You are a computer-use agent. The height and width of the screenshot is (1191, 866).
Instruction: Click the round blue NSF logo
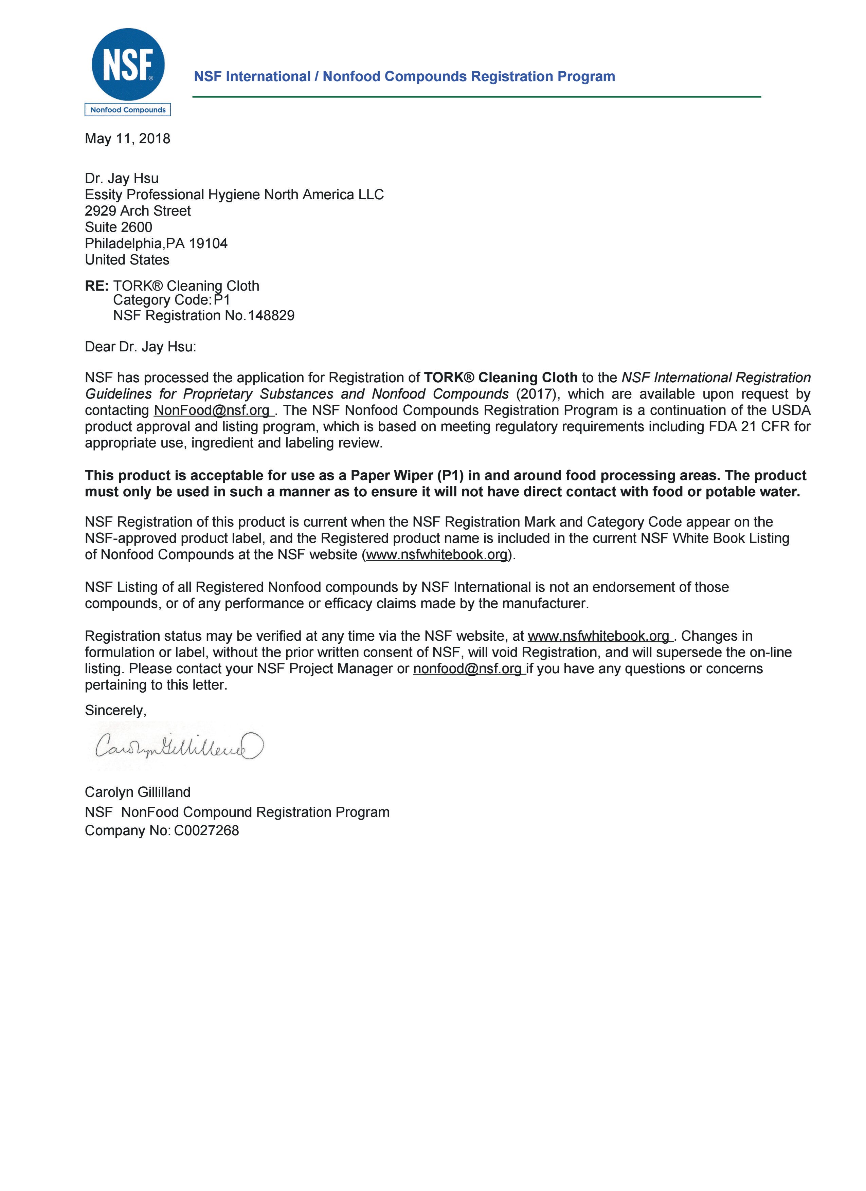pos(128,64)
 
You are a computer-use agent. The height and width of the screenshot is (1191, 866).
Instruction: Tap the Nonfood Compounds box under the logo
pos(128,110)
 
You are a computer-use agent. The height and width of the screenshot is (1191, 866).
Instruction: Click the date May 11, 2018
pos(128,139)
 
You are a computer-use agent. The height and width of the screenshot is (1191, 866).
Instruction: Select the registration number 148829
pos(271,316)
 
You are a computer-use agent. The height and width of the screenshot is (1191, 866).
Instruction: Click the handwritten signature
pos(179,746)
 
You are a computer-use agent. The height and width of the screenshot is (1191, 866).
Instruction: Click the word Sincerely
pos(115,711)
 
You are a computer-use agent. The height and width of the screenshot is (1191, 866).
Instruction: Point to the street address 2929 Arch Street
pos(138,211)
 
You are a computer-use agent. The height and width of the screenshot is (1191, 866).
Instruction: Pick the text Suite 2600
pos(119,227)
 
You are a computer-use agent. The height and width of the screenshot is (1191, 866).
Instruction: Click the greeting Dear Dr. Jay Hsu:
pos(140,347)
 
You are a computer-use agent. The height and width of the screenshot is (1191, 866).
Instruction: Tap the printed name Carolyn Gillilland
pos(138,792)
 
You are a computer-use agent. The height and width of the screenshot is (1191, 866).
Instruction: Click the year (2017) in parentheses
pos(536,394)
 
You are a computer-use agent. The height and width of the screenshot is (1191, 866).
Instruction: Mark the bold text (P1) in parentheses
pos(451,475)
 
